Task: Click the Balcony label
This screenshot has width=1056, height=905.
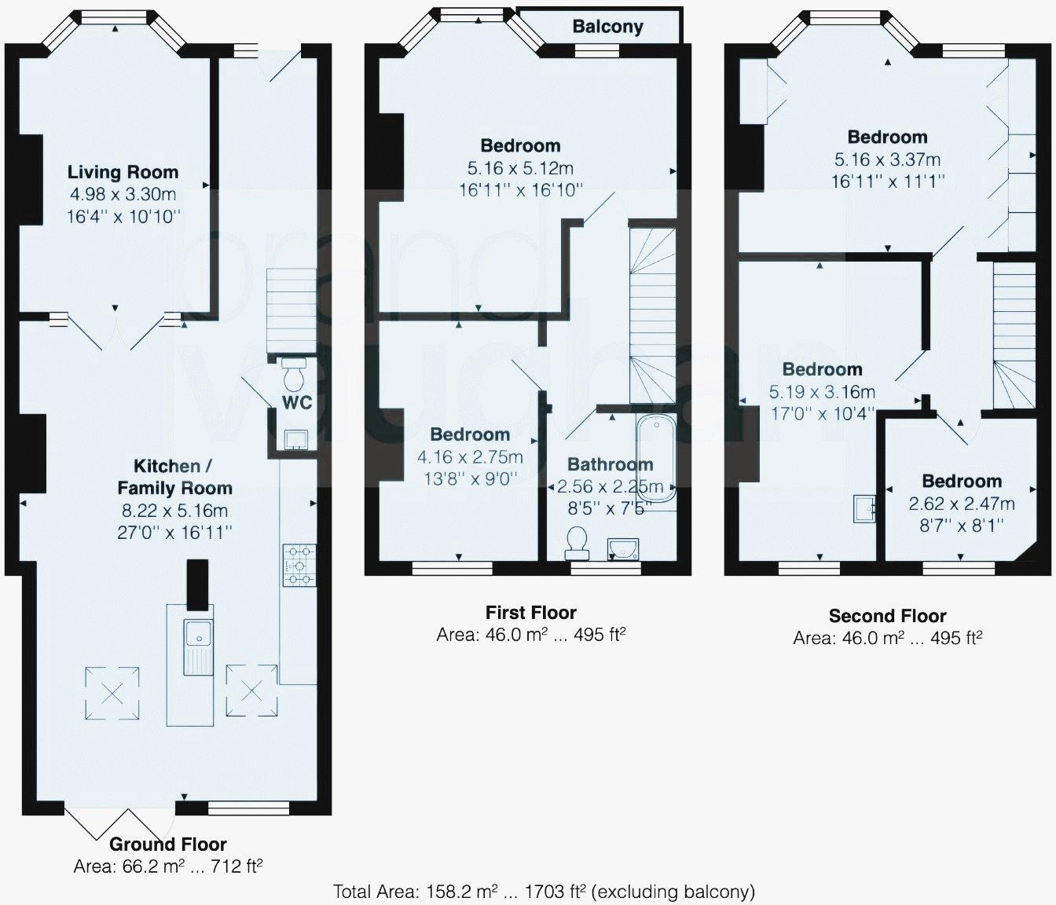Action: pos(607,27)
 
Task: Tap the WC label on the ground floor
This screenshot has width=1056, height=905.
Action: pos(297,402)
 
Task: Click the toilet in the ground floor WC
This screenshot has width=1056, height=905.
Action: pos(294,373)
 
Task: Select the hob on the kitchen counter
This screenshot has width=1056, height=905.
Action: pos(299,565)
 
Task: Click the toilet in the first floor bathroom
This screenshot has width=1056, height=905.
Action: pos(577,544)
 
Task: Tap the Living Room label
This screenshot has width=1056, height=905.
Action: pos(123,172)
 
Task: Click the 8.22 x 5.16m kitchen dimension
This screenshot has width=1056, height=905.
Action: pos(174,510)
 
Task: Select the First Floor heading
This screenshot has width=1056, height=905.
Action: pos(531,612)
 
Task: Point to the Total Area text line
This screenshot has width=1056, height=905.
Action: pos(544,891)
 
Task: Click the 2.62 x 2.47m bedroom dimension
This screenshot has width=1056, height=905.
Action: pos(962,504)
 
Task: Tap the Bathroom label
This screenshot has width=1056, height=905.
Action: pos(610,464)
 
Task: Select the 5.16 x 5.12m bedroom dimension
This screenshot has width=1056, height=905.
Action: pos(520,168)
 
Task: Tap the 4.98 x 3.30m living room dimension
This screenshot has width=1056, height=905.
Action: pos(123,194)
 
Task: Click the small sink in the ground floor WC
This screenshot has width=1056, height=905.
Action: pos(296,438)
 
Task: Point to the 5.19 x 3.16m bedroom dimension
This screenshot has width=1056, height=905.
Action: pos(822,392)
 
